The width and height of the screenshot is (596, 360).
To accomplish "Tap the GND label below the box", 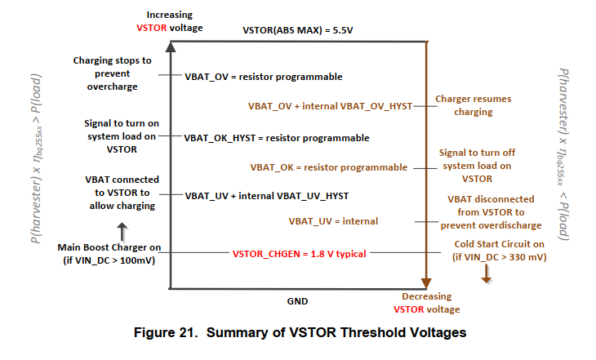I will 297,301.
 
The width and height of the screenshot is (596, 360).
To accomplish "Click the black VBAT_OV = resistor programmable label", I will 263,77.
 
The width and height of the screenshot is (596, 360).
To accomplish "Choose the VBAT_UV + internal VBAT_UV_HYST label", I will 266,196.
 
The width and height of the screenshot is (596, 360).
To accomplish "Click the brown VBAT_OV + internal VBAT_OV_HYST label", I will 331,106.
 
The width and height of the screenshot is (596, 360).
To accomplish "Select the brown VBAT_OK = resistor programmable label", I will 329,167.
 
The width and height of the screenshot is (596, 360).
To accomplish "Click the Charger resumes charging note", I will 474,105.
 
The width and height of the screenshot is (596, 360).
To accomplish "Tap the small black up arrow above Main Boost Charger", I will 123,229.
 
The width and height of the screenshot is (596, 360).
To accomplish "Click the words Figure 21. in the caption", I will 174,332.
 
